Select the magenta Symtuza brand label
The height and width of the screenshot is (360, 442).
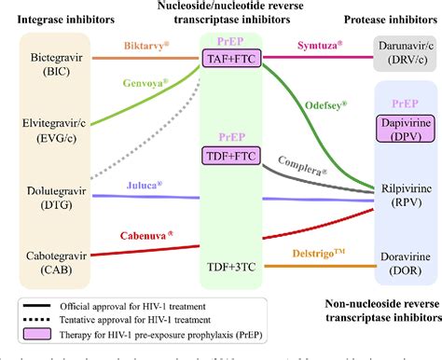(326, 45)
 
